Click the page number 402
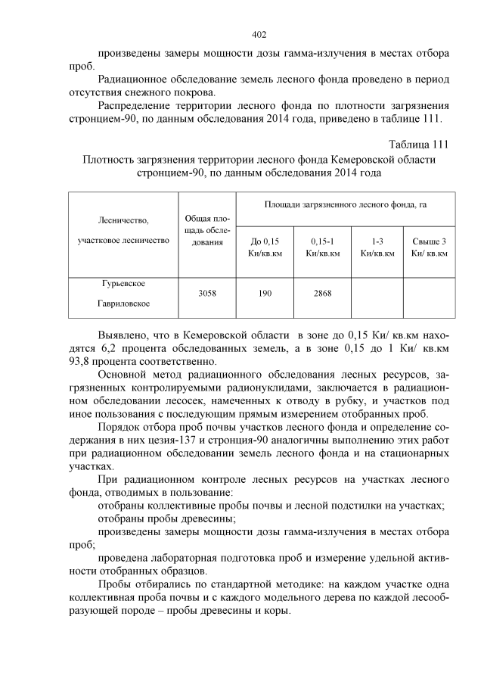(259, 34)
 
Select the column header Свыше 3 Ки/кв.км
(429, 247)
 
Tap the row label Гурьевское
(123, 283)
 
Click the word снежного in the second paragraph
(150, 94)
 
